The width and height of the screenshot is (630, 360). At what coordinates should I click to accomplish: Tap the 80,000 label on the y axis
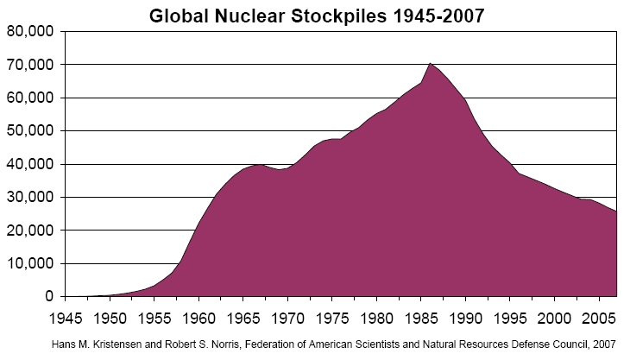point(31,31)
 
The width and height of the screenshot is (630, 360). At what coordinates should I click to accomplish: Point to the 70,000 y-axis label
point(31,65)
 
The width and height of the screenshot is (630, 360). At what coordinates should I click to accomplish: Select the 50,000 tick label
point(31,131)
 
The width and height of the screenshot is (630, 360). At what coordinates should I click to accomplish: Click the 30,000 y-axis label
point(31,198)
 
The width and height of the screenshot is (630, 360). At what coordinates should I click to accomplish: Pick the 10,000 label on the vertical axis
point(31,264)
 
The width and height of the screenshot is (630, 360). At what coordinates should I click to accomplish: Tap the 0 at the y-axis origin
point(49,297)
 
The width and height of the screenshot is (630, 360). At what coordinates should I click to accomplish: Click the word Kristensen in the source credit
point(148,344)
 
